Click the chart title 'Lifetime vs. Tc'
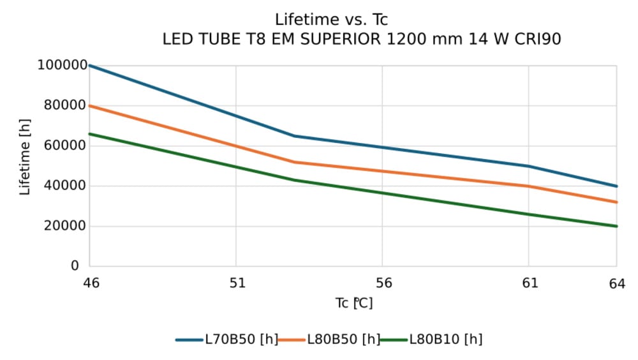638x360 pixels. (x=331, y=20)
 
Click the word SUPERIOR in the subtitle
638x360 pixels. (x=340, y=40)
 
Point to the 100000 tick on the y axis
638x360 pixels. (x=62, y=65)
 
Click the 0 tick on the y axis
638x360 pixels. (x=75, y=266)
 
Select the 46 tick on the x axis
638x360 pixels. (x=91, y=283)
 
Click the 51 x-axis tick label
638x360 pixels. (x=237, y=283)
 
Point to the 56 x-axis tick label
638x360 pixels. (x=383, y=283)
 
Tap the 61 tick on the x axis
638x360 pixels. (x=529, y=283)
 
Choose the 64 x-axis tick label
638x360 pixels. (x=616, y=283)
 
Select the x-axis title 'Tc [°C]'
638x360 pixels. (x=354, y=303)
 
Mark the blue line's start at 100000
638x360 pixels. (x=90, y=65)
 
